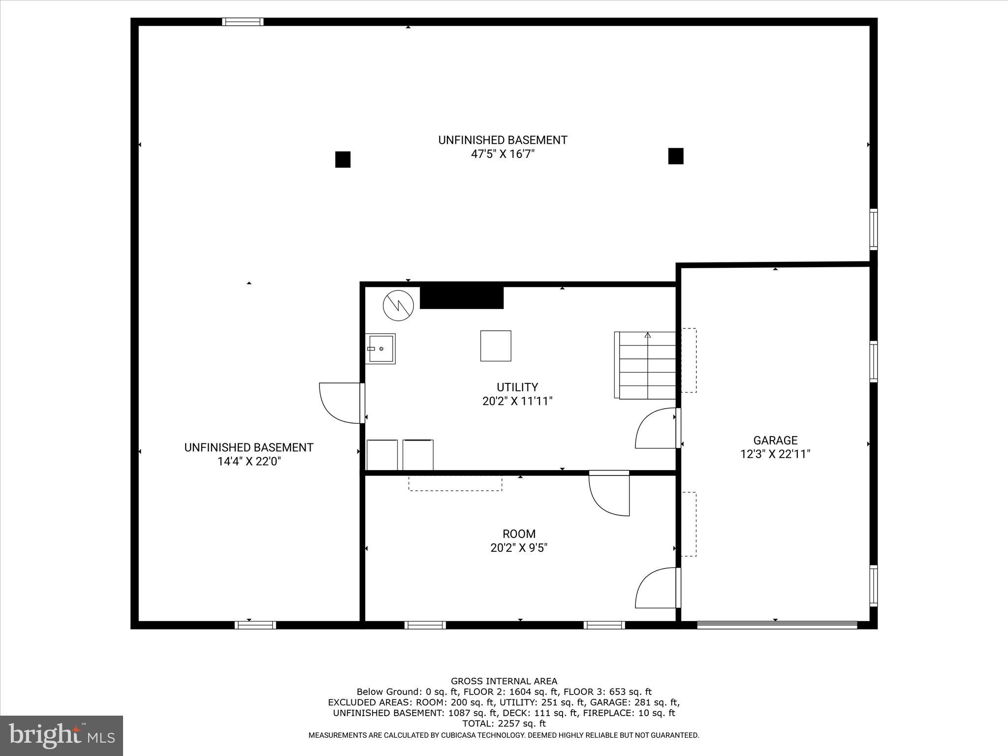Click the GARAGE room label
tap(775, 441)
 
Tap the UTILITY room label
tap(517, 387)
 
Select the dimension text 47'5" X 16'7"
tap(503, 154)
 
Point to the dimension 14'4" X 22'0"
tap(249, 461)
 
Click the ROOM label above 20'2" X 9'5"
tap(519, 534)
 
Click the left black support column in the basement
tap(343, 159)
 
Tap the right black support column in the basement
tap(675, 156)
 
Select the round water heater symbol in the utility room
tap(398, 306)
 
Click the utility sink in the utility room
tap(380, 349)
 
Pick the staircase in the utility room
tap(646, 365)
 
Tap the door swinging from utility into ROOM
tap(609, 494)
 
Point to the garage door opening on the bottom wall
tap(777, 625)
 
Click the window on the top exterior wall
tap(243, 22)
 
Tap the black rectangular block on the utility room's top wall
tap(461, 298)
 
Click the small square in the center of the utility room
tap(496, 346)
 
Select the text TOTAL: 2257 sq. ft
tap(504, 724)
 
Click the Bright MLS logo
tap(61, 736)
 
